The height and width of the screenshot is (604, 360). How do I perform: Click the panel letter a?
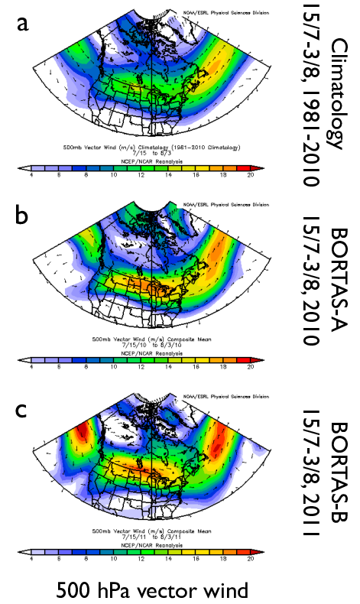click(x=23, y=24)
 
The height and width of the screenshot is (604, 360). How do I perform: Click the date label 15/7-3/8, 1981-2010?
click(x=310, y=96)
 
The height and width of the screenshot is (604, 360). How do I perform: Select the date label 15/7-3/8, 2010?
click(x=310, y=284)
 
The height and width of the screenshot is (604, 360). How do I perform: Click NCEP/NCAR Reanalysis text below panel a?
click(x=141, y=161)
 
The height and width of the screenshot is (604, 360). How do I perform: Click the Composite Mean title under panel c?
click(x=141, y=531)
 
